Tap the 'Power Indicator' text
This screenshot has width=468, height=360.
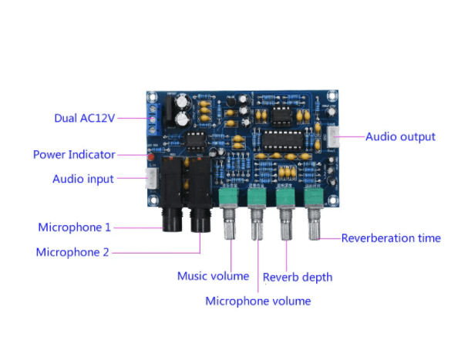point(74,154)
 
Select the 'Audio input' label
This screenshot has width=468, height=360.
point(83,179)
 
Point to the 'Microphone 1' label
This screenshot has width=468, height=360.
point(75,227)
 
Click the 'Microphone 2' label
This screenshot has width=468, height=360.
point(73,252)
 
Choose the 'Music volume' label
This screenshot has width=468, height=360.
point(213,276)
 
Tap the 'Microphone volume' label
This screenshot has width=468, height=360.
point(258,301)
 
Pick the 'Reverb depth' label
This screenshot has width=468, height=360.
point(298,277)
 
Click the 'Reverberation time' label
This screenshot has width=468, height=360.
point(391,238)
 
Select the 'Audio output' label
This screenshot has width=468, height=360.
point(400,136)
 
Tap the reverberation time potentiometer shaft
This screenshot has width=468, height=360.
point(314,227)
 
